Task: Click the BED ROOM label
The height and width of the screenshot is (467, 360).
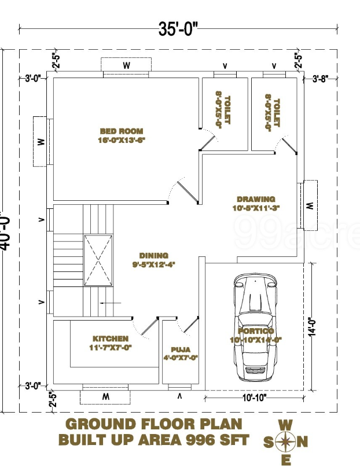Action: pos(121,131)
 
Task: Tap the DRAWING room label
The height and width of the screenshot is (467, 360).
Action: pos(256,199)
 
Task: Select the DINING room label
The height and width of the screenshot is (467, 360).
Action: pos(153,255)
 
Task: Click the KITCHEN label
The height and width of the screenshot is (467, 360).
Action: pos(111,339)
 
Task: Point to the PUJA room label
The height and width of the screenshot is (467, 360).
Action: pos(181,350)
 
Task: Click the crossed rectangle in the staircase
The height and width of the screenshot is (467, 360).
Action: pos(97,260)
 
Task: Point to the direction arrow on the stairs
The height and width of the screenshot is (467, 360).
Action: pos(109,303)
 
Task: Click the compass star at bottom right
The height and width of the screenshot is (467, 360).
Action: pos(285,443)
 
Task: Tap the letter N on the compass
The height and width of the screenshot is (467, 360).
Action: pos(304,443)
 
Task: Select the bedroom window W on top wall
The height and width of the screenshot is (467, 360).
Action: pos(126,65)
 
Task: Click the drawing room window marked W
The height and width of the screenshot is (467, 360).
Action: pos(310,205)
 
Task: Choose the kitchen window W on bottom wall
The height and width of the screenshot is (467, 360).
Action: pos(106,397)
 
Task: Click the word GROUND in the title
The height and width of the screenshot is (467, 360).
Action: pos(98,424)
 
